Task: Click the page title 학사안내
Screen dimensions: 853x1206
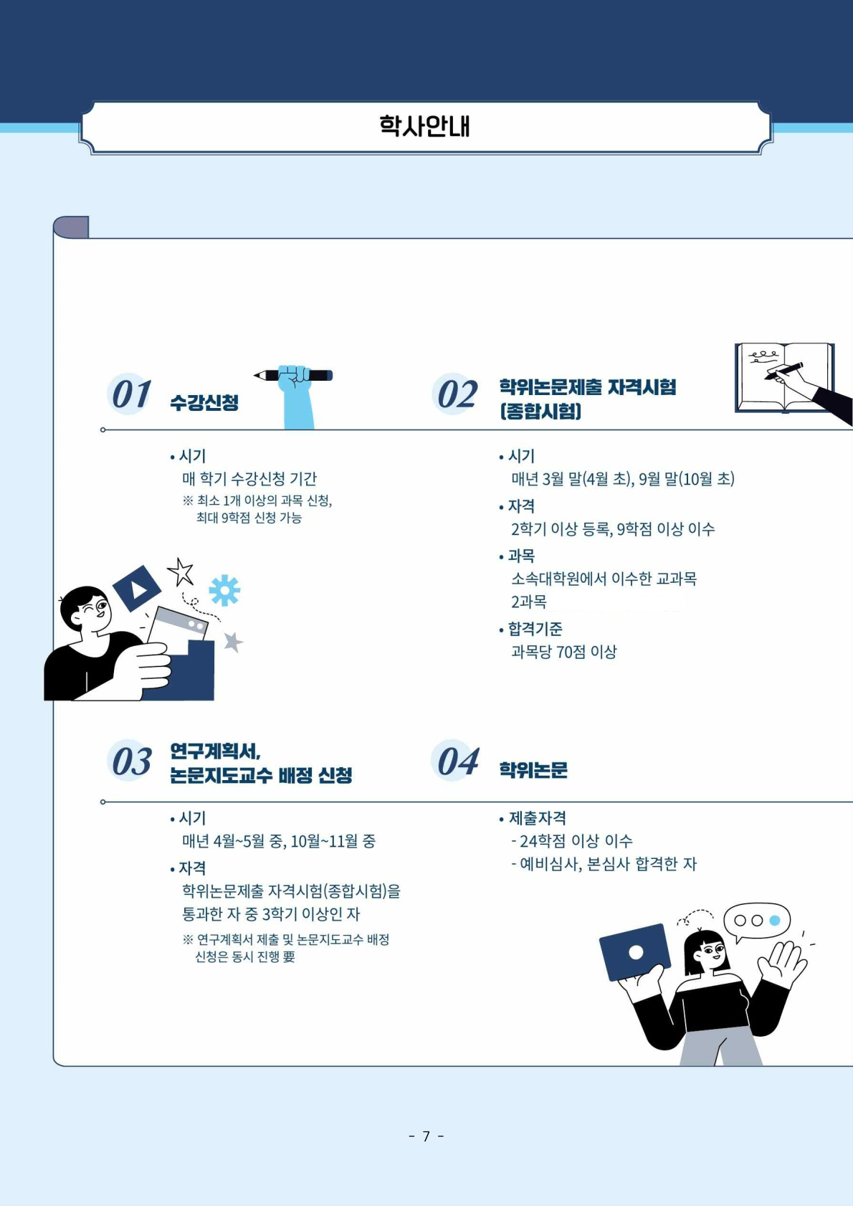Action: click(424, 126)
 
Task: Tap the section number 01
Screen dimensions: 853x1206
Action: click(130, 394)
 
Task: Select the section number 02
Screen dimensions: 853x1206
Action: click(457, 394)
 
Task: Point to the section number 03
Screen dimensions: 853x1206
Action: click(130, 761)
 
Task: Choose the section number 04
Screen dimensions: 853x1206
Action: click(457, 761)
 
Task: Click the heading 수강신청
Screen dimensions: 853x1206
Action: click(204, 402)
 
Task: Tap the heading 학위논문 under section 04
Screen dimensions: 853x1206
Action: click(533, 770)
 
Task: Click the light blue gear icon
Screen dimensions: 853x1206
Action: click(224, 591)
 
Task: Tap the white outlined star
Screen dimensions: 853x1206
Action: click(181, 571)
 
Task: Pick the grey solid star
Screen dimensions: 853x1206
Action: click(233, 642)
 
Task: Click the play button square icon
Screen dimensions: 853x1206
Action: click(137, 589)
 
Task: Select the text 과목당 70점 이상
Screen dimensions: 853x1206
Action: click(564, 652)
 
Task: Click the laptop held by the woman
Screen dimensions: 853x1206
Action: click(635, 952)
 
